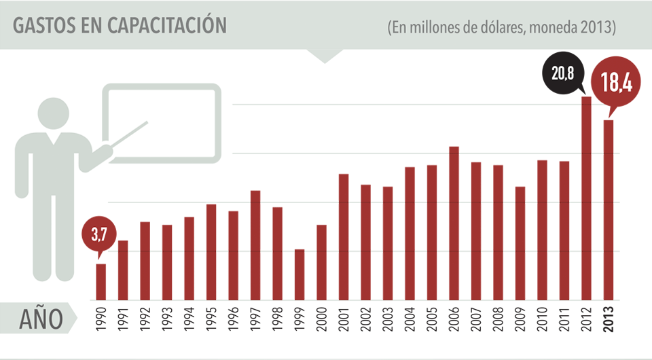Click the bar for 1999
pos(300,274)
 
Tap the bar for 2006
pos(454,223)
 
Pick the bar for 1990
pos(101,282)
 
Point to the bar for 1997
pos(255,245)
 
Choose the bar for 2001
pos(344,237)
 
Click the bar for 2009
pos(520,243)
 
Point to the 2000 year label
pos(321,320)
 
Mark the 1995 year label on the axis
pos(211,320)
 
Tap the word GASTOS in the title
pos(41,25)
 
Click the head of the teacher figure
pos(54,113)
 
